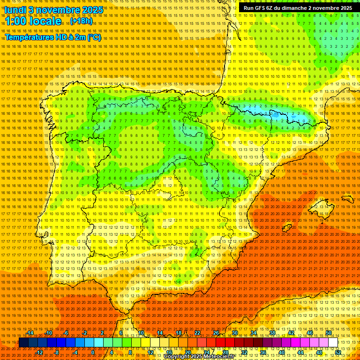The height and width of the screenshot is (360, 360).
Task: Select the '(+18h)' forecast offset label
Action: point(81,22)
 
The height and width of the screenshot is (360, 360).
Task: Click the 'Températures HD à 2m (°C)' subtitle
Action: point(52,37)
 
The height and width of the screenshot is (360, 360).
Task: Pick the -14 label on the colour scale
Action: point(30,333)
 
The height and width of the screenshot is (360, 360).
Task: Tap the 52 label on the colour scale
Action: point(338,352)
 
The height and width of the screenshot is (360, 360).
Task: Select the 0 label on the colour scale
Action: point(93,352)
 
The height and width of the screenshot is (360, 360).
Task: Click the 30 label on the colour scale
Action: point(234,333)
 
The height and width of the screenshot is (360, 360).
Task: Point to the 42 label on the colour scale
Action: point(291,333)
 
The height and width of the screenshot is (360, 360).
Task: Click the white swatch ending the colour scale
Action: point(333,343)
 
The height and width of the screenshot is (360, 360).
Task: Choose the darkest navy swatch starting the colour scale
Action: point(23,343)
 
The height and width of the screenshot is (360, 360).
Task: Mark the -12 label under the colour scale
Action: point(39,352)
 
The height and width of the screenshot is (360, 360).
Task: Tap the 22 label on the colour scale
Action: point(197,333)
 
